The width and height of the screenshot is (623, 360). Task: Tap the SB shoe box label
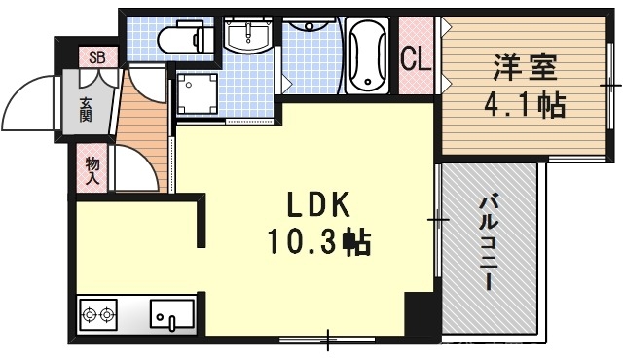click(97, 56)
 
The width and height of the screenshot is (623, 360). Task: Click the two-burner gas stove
click(99, 315)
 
